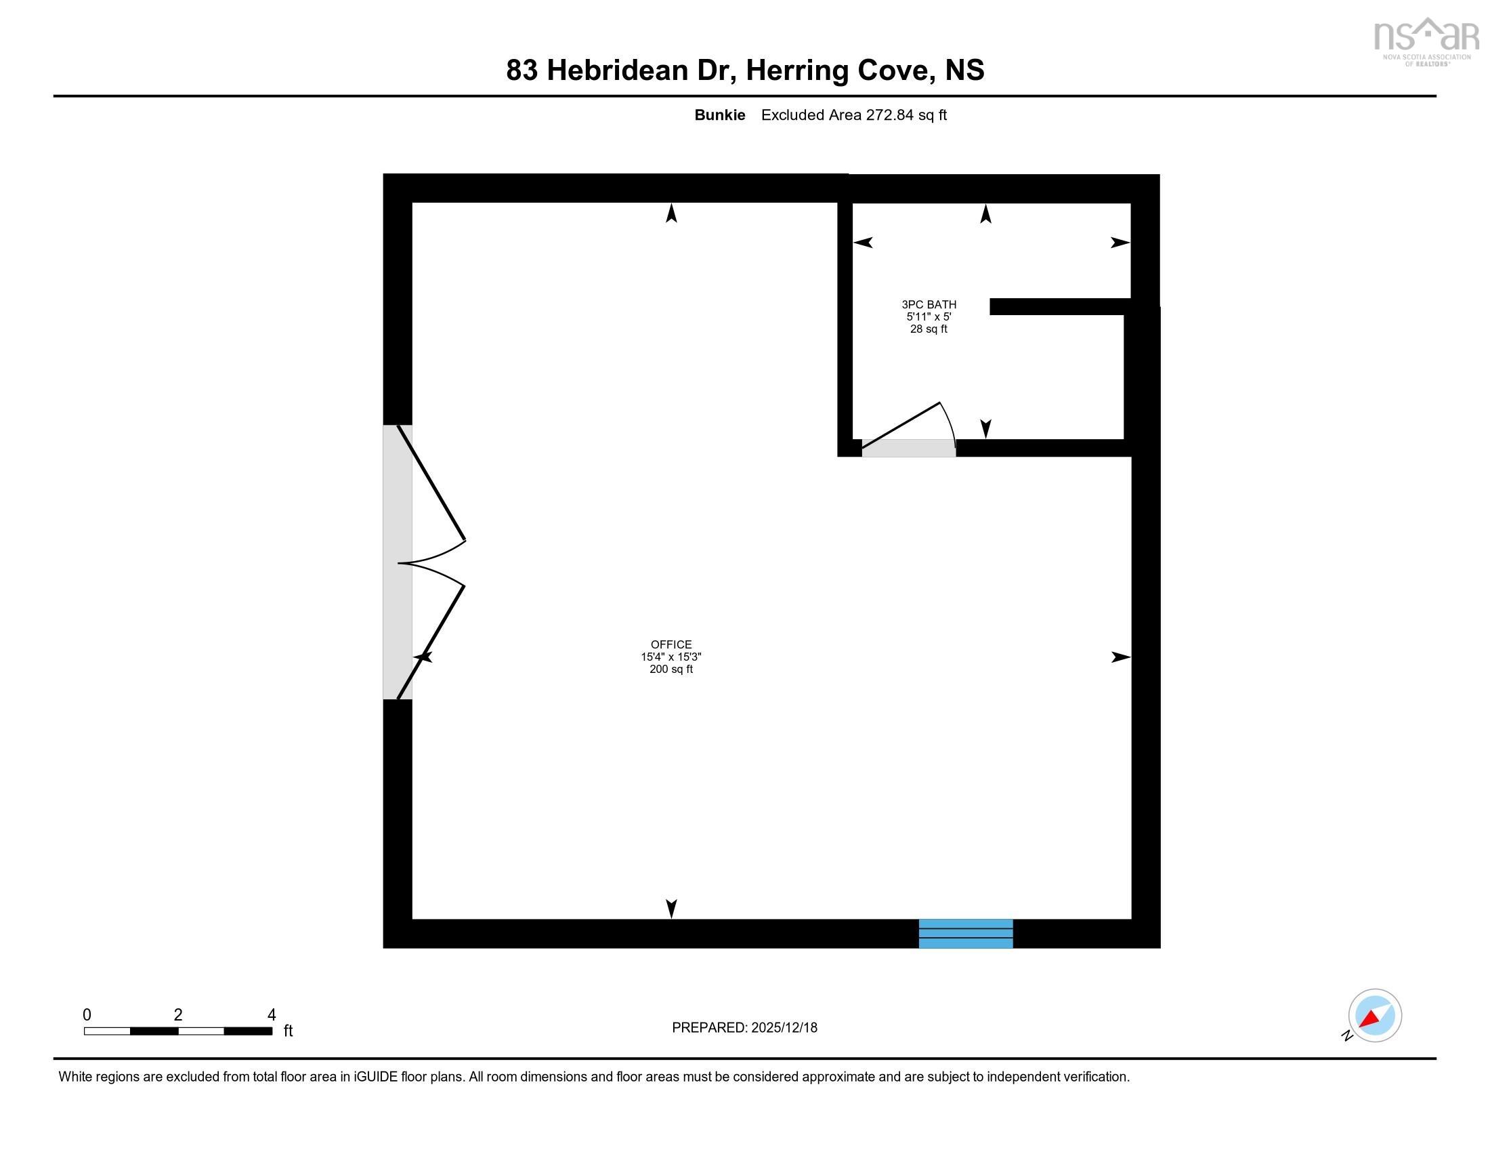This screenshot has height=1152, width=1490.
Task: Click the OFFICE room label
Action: pos(670,644)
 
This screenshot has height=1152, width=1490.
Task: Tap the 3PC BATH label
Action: pos(929,304)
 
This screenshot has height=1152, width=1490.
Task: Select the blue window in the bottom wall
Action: pos(965,934)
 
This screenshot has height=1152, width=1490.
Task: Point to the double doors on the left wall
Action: pos(425,563)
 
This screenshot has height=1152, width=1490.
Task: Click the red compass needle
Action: pos(1369,1019)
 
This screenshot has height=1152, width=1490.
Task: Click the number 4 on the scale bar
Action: pos(272,1015)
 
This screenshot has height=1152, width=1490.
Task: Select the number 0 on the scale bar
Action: pos(87,1015)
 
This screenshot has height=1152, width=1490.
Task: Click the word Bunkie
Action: pos(719,115)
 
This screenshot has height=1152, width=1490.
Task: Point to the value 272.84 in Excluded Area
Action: pos(889,115)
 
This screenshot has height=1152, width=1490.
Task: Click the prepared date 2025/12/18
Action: pos(784,1028)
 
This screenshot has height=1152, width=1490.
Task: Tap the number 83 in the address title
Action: pos(522,70)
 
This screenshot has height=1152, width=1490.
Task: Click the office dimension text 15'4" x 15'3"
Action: pos(670,657)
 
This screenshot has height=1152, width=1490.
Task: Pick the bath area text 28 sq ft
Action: pos(929,329)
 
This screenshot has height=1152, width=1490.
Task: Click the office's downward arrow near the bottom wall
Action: pos(671,908)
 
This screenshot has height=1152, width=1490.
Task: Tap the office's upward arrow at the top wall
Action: pos(671,213)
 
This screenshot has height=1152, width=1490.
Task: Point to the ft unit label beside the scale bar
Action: pos(288,1031)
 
